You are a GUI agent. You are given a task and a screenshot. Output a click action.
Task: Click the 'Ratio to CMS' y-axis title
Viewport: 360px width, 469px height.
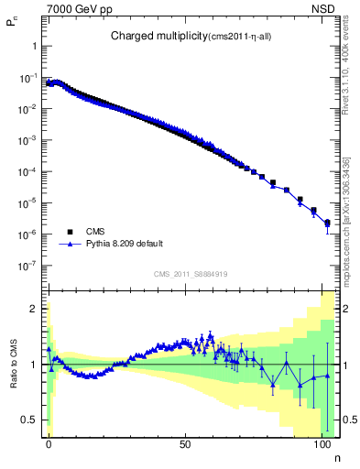click(13, 365)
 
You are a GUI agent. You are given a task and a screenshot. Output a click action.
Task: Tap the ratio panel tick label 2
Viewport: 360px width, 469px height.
click(34, 309)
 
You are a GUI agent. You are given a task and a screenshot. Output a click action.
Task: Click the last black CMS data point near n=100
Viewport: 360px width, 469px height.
click(327, 222)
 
